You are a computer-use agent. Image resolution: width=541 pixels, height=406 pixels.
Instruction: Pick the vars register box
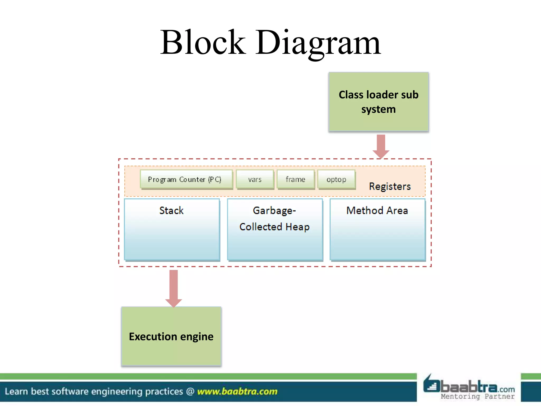pyautogui.click(x=255, y=179)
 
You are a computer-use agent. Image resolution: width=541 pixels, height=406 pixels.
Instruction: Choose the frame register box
pyautogui.click(x=296, y=179)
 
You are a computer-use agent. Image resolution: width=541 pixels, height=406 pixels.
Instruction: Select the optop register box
pyautogui.click(x=336, y=179)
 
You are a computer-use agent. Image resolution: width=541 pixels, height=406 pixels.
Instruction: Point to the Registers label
pyautogui.click(x=390, y=186)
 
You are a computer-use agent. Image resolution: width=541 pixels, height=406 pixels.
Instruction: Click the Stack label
pyautogui.click(x=171, y=210)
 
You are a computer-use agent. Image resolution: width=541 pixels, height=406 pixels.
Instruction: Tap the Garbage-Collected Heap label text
pyautogui.click(x=274, y=219)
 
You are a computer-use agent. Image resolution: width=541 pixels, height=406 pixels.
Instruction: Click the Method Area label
pyautogui.click(x=377, y=210)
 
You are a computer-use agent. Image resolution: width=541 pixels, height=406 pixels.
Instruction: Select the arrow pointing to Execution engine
pyautogui.click(x=174, y=288)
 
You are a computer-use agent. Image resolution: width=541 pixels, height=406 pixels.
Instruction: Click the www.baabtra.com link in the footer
pyautogui.click(x=237, y=391)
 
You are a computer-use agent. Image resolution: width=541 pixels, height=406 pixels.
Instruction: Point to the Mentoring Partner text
pyautogui.click(x=478, y=396)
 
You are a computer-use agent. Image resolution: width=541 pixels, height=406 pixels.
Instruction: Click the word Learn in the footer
pyautogui.click(x=16, y=391)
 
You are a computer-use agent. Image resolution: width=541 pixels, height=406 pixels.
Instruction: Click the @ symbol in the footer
pyautogui.click(x=190, y=391)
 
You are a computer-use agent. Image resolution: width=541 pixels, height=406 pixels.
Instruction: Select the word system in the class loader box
pyautogui.click(x=378, y=109)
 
